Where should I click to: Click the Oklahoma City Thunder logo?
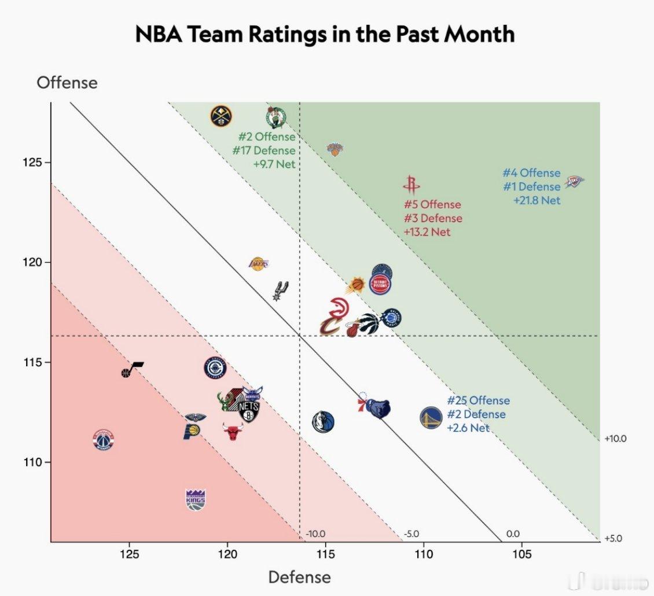pyautogui.click(x=574, y=182)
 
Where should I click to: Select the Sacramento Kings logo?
pyautogui.click(x=196, y=499)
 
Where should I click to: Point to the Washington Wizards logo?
pyautogui.click(x=103, y=440)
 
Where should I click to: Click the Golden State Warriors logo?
pyautogui.click(x=431, y=417)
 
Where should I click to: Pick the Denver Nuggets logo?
pyautogui.click(x=221, y=116)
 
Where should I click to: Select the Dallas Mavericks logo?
pyautogui.click(x=323, y=421)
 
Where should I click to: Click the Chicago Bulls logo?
pyautogui.click(x=233, y=431)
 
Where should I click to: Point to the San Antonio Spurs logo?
pyautogui.click(x=280, y=290)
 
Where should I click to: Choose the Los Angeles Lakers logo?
pyautogui.click(x=259, y=264)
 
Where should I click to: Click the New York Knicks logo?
pyautogui.click(x=335, y=149)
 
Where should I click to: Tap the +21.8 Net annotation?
pyautogui.click(x=537, y=200)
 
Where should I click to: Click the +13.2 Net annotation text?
pyautogui.click(x=427, y=232)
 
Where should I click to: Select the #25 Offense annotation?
pyautogui.click(x=478, y=400)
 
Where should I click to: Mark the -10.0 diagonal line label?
pyautogui.click(x=315, y=534)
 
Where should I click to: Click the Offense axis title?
pyautogui.click(x=67, y=83)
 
